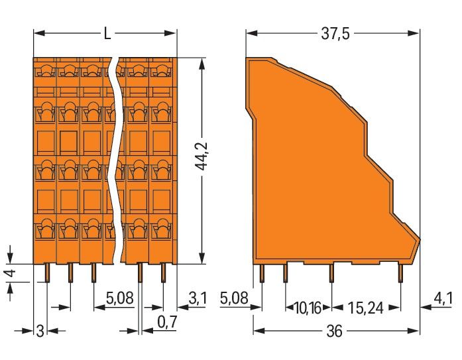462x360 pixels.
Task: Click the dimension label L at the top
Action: tap(107, 33)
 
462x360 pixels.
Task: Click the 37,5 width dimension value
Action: tap(335, 34)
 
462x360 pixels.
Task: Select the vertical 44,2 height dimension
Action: tap(202, 156)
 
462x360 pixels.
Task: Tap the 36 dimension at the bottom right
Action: tap(335, 331)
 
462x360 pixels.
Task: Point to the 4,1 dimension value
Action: tap(443, 299)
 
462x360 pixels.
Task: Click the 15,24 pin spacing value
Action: tap(366, 308)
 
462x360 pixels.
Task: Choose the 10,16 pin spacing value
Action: tap(308, 308)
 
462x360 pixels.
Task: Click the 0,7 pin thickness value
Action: tap(167, 322)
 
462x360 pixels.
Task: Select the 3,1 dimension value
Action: tap(198, 298)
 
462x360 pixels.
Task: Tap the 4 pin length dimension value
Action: tap(11, 273)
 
